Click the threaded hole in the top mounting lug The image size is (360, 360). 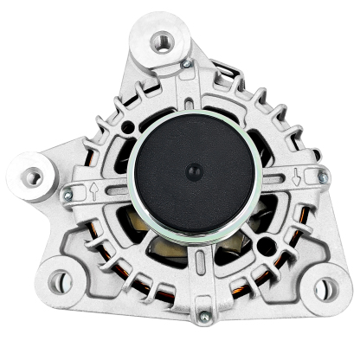[162, 40]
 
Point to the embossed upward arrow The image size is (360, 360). [93, 191]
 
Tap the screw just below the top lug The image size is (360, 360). [185, 64]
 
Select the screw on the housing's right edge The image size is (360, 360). [323, 177]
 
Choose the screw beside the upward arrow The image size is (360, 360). [67, 196]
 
